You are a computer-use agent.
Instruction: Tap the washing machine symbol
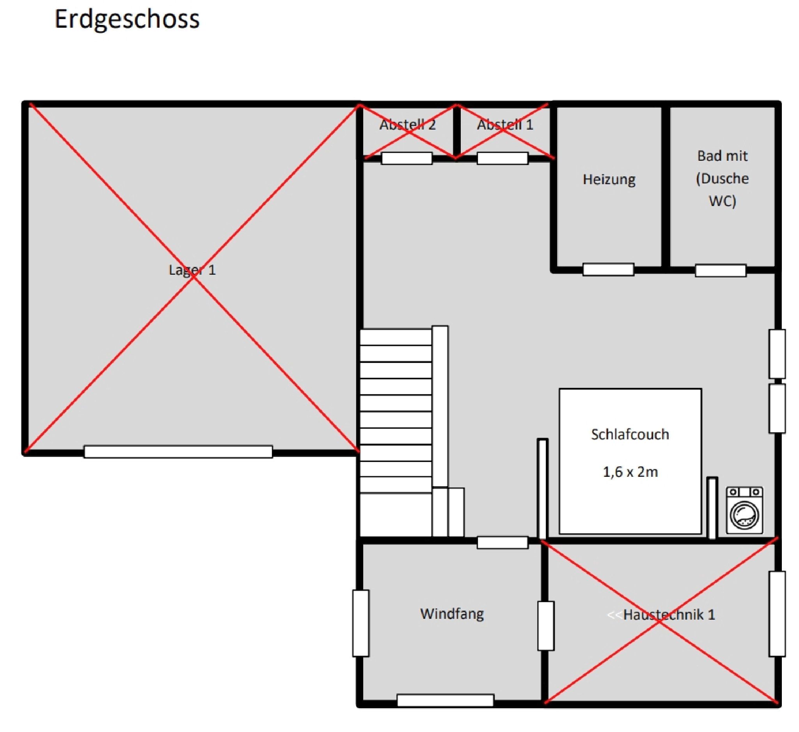click(744, 510)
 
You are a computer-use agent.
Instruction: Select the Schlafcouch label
click(630, 434)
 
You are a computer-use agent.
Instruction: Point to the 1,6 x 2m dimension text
click(630, 472)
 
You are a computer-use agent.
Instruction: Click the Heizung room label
click(609, 179)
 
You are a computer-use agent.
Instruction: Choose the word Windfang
click(452, 614)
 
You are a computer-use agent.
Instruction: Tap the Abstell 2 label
click(407, 125)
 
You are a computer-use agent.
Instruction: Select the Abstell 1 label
click(505, 125)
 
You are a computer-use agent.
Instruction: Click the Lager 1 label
click(192, 270)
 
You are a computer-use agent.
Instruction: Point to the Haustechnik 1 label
click(669, 615)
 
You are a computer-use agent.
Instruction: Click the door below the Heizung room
click(608, 270)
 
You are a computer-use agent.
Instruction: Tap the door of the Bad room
click(721, 270)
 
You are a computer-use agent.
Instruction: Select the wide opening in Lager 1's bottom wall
click(178, 452)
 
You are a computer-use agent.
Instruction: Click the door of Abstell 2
click(407, 158)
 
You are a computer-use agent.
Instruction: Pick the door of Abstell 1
click(502, 158)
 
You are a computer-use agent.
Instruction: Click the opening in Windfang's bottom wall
click(445, 700)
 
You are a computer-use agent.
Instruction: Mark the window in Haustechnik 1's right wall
click(777, 614)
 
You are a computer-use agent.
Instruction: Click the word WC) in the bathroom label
click(722, 201)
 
